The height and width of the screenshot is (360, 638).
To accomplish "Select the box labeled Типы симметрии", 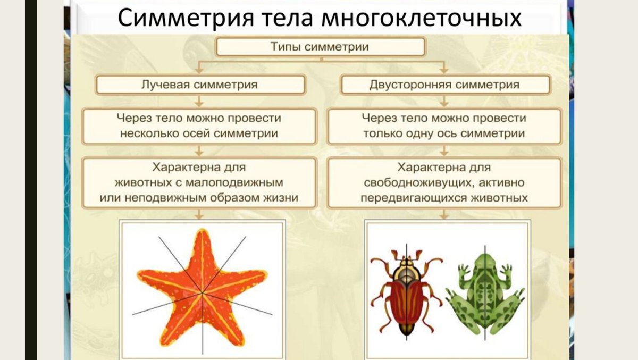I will click(x=320, y=47).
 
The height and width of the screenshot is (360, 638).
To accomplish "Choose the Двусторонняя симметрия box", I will click(x=445, y=85).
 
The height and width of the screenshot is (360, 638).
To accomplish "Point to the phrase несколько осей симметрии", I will click(x=199, y=133).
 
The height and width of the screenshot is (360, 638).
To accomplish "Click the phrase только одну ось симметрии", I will click(x=444, y=133).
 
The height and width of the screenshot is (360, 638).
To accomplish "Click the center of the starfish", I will click(x=202, y=292).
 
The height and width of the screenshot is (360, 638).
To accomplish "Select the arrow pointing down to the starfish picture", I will click(x=199, y=214).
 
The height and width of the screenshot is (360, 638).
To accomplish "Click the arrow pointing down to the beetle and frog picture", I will click(x=444, y=214).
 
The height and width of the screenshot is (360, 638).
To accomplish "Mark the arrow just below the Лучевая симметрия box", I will click(x=199, y=101).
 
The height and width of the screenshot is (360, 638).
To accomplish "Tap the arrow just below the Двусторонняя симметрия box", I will click(x=444, y=101).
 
